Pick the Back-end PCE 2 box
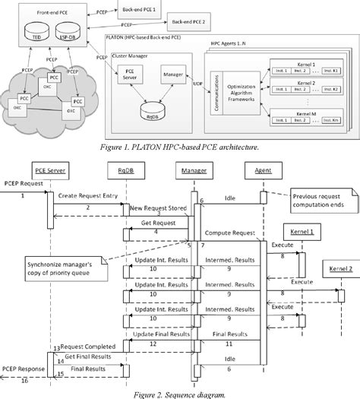(x=188, y=23)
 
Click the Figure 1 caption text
(x=179, y=147)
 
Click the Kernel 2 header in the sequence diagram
(x=339, y=270)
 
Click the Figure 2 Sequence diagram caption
(x=179, y=392)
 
